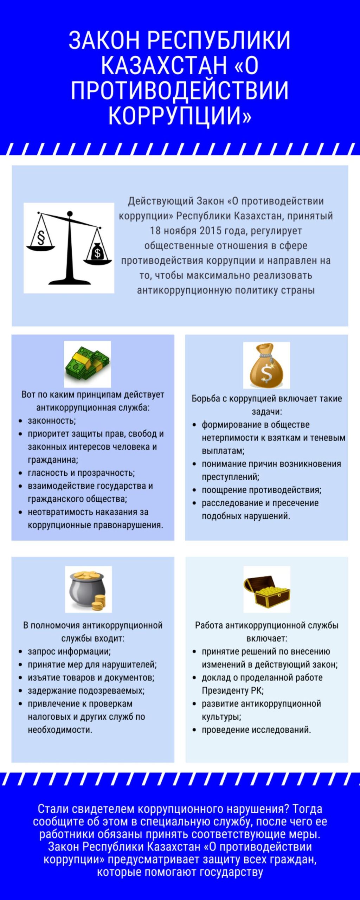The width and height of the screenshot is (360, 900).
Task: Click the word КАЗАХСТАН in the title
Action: tap(164, 65)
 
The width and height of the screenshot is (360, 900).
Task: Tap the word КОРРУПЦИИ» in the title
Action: tap(180, 116)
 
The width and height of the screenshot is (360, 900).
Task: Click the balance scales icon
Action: tap(69, 248)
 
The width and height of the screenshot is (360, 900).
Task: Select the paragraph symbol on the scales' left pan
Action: tap(41, 238)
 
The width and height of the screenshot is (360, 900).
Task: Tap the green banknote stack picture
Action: tap(87, 364)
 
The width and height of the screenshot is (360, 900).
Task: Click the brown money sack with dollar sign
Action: tap(266, 365)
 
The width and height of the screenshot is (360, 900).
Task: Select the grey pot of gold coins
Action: tap(88, 590)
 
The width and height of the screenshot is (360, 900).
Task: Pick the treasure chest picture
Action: tap(267, 590)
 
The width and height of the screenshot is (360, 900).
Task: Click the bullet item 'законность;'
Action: tap(52, 421)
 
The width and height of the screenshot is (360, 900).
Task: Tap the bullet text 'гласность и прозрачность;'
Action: tap(81, 473)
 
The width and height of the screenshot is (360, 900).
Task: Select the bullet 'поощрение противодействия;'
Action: tap(261, 490)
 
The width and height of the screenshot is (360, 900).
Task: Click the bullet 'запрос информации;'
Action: tap(69, 651)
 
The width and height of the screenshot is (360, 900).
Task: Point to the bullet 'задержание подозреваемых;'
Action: tap(86, 690)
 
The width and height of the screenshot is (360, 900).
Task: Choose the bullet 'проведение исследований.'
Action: tap(256, 729)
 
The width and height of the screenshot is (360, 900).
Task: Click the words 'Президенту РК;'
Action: tap(232, 690)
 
